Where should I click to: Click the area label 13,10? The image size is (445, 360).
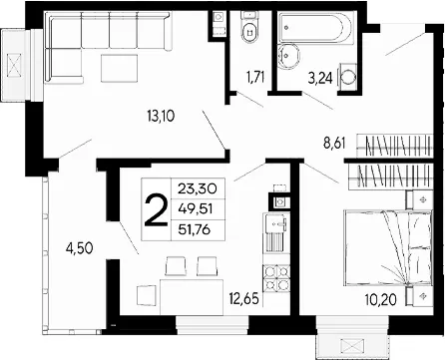tap(161, 116)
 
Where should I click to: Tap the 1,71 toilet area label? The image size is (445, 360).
tap(255, 77)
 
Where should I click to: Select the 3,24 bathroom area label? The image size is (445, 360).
tap(320, 79)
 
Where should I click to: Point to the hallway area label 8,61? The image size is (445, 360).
tap(334, 144)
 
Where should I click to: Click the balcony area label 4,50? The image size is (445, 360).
tap(79, 248)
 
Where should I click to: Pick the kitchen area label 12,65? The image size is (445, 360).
tap(243, 299)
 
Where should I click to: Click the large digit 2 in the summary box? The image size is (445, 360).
tap(156, 209)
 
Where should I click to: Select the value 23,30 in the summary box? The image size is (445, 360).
tap(198, 188)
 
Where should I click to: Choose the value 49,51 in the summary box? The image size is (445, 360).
tap(196, 209)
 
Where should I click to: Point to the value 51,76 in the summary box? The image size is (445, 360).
tap(195, 229)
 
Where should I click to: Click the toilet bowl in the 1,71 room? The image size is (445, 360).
tap(249, 32)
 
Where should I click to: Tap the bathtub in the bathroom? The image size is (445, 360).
tap(314, 28)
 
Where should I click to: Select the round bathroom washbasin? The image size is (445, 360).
tap(288, 56)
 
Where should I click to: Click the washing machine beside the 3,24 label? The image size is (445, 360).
tap(348, 77)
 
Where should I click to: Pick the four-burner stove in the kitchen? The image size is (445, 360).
tap(276, 277)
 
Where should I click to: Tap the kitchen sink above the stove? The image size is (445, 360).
tap(275, 223)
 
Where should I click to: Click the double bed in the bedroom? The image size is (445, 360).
tap(388, 247)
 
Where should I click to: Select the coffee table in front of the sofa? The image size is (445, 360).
tap(120, 68)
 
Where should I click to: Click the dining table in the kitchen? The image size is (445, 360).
tap(192, 297)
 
